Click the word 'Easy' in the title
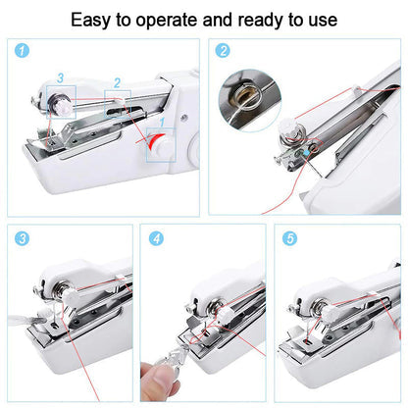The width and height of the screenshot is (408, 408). [93, 19]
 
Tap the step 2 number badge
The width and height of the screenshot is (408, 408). [223, 50]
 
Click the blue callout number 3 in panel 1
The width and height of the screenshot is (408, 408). [60, 76]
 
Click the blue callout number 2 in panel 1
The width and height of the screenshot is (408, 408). [117, 84]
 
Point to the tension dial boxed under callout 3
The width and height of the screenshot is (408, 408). [60, 99]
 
